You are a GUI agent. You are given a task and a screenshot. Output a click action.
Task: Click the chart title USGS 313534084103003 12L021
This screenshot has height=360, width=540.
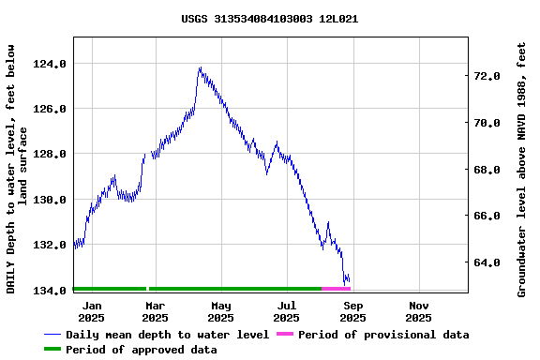(x=269, y=19)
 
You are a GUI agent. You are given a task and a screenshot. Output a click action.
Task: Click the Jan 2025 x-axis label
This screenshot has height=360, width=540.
(x=92, y=311)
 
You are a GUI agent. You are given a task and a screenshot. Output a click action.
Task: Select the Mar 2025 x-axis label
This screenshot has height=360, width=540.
(x=156, y=311)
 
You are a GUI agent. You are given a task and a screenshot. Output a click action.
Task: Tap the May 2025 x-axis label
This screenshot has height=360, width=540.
(x=221, y=311)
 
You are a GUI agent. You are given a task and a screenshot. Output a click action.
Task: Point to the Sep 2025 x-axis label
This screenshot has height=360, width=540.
(x=352, y=311)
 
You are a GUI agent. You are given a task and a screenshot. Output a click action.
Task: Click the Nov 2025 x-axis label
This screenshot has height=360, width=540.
(x=418, y=311)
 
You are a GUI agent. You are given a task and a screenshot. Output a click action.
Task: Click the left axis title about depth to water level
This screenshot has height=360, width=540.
(x=18, y=169)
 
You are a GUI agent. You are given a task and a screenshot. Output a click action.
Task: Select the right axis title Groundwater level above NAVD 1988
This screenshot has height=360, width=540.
(x=522, y=169)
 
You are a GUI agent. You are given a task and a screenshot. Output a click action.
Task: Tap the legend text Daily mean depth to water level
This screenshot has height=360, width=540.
(x=168, y=335)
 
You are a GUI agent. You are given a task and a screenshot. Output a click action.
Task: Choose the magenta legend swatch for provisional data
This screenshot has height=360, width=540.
(x=285, y=335)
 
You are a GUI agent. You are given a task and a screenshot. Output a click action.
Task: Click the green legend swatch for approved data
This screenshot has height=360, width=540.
(x=52, y=350)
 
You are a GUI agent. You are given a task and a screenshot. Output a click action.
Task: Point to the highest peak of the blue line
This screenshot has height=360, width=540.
(x=200, y=67)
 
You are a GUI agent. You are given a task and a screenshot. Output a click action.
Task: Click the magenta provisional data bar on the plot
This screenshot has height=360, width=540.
(x=336, y=289)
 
